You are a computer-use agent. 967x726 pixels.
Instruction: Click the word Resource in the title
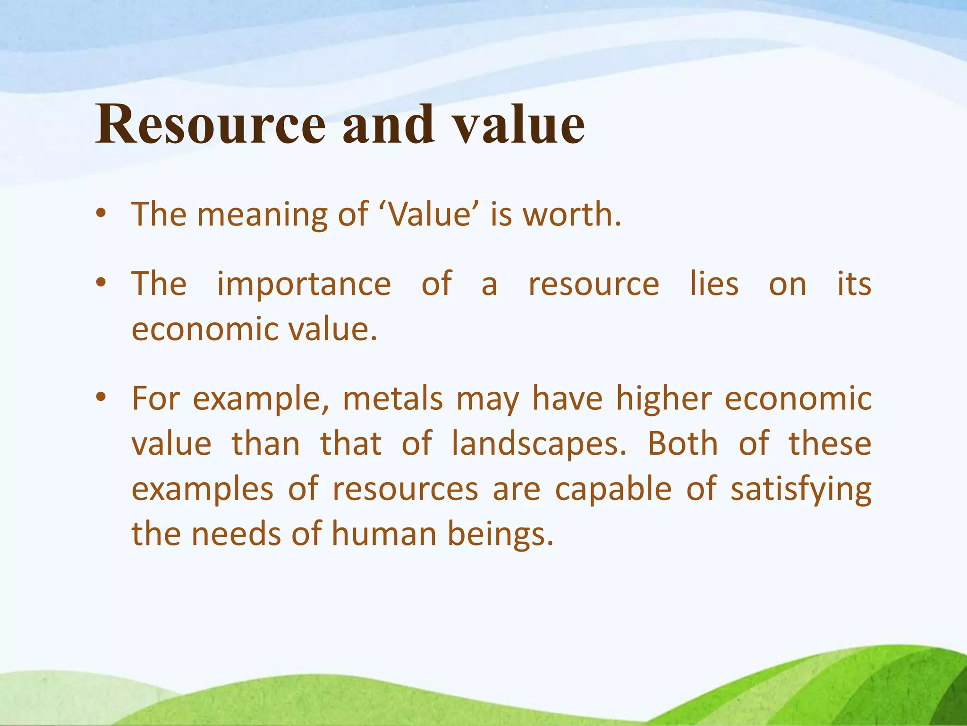click(x=211, y=124)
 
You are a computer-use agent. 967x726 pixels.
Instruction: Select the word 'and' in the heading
click(x=388, y=124)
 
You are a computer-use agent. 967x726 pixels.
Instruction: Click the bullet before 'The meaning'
click(x=101, y=215)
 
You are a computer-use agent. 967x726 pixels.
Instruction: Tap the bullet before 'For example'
click(x=101, y=398)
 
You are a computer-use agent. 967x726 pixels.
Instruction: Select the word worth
click(x=571, y=214)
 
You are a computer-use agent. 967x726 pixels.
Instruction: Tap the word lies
click(x=714, y=284)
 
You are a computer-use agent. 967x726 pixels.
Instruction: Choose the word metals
click(x=392, y=398)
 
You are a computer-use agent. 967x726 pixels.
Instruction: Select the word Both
click(x=682, y=444)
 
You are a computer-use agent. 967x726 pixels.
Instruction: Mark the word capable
click(x=612, y=489)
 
